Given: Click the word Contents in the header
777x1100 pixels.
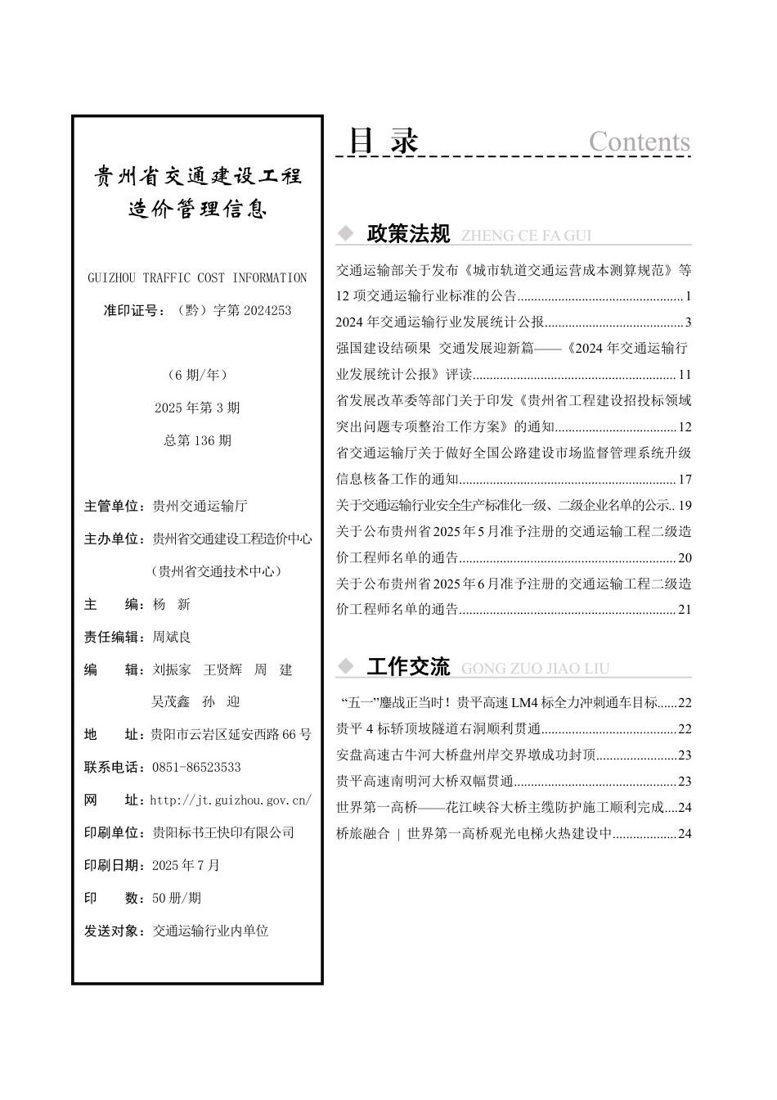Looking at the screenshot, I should (x=639, y=142).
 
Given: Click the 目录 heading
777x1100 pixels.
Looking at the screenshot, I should (x=384, y=141).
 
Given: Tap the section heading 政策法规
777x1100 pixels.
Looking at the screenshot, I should (x=408, y=234).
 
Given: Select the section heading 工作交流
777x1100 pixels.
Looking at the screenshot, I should (x=408, y=667).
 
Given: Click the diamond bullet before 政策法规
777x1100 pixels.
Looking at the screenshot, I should (x=346, y=234).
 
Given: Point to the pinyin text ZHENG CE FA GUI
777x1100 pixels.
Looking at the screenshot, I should (x=526, y=236).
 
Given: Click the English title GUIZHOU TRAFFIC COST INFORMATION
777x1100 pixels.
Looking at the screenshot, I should (x=197, y=278).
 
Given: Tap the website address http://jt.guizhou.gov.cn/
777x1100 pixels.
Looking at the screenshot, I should (x=231, y=800).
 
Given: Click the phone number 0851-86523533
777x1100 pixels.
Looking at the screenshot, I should (x=196, y=768).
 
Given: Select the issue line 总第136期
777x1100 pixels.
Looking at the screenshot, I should (x=197, y=440).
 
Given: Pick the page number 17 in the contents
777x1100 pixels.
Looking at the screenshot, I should (x=685, y=479).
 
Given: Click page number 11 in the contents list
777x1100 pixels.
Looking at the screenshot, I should (x=685, y=375).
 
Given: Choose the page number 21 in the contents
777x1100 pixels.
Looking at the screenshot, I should (x=685, y=610).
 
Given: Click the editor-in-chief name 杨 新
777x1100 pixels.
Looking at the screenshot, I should (x=172, y=604).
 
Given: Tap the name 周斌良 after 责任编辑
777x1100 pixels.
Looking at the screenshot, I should (x=172, y=637).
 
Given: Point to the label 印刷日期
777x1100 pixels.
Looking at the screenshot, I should (x=114, y=865).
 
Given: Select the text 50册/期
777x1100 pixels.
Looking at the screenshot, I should (x=177, y=898).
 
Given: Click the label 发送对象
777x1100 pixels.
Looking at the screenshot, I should (x=114, y=931).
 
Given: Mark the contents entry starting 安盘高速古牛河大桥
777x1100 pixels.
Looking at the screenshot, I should (x=466, y=755).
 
